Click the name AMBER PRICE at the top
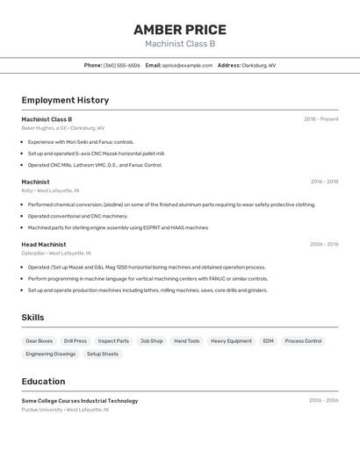pyautogui.click(x=180, y=30)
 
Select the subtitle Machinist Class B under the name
pyautogui.click(x=180, y=44)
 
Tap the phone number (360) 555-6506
pyautogui.click(x=121, y=65)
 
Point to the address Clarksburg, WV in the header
pyautogui.click(x=258, y=65)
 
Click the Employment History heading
pyautogui.click(x=65, y=100)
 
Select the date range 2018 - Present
pyautogui.click(x=320, y=118)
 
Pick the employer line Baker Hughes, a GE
pyautogui.click(x=62, y=127)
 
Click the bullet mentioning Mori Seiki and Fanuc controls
pyautogui.click(x=81, y=141)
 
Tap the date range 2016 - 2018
pyautogui.click(x=324, y=182)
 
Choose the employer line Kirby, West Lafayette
pyautogui.click(x=50, y=190)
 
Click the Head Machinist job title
pyautogui.click(x=44, y=245)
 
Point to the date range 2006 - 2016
pyautogui.click(x=324, y=245)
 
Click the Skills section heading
pyautogui.click(x=32, y=318)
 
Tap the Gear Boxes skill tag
pyautogui.click(x=40, y=340)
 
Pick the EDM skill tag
pyautogui.click(x=268, y=340)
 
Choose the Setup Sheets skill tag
pyautogui.click(x=103, y=354)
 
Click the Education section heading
pyautogui.click(x=43, y=382)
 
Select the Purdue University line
pyautogui.click(x=65, y=409)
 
